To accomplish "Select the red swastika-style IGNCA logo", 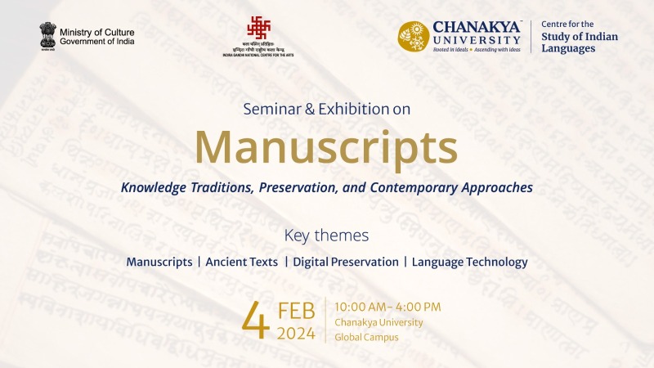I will (x=258, y=29).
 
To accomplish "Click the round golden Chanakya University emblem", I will (x=414, y=37).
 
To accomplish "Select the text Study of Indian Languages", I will (x=580, y=43).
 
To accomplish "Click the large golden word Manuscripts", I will (x=326, y=148).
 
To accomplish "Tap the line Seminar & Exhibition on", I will (x=326, y=107).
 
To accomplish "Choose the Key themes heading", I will (x=326, y=236).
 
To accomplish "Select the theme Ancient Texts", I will (x=241, y=263).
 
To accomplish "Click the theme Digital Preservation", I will (x=345, y=263).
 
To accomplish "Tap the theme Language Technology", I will (x=469, y=263).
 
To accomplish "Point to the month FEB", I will (x=297, y=311).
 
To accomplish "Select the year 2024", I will (x=296, y=333).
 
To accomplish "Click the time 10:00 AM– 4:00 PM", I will (x=387, y=307).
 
